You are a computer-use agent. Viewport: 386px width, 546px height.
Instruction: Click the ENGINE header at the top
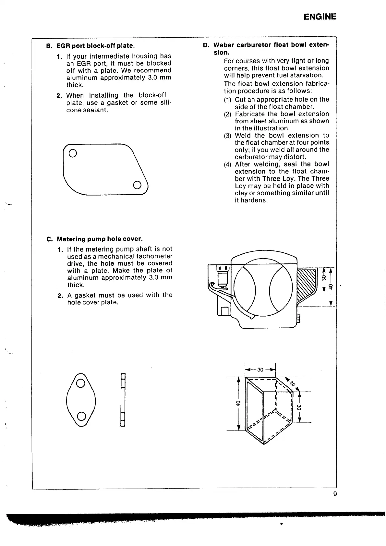click(x=320, y=17)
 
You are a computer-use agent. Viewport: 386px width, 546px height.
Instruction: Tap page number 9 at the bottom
click(x=335, y=494)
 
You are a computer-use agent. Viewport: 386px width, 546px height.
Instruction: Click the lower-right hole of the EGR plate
click(x=137, y=185)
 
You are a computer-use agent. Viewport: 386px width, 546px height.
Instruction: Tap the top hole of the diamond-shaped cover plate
click(x=80, y=384)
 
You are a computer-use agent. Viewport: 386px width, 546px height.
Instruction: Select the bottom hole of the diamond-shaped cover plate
click(x=81, y=416)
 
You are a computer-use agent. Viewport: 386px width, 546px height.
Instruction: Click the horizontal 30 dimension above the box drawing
click(x=260, y=370)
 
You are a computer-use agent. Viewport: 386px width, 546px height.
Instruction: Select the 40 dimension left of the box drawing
click(x=238, y=403)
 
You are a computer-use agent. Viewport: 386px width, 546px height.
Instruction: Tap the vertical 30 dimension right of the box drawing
click(x=299, y=407)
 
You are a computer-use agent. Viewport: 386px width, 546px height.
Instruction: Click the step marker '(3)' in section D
click(x=228, y=136)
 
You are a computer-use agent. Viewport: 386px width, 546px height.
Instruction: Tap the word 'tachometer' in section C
click(x=154, y=256)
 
